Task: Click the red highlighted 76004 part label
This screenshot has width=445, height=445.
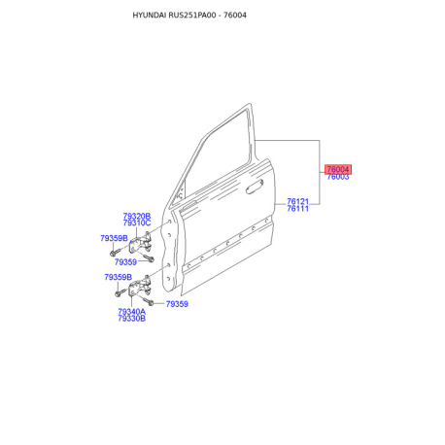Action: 338,169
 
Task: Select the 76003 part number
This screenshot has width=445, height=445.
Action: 338,177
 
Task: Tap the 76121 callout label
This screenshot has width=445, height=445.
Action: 297,201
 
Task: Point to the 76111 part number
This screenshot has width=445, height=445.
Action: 297,209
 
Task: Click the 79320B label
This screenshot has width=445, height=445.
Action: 137,216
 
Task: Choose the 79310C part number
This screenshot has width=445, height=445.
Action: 137,222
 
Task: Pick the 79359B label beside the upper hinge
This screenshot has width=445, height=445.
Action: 114,238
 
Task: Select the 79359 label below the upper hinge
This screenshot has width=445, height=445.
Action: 125,262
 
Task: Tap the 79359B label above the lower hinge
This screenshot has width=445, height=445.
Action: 118,277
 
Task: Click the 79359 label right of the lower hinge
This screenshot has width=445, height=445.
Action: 177,304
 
